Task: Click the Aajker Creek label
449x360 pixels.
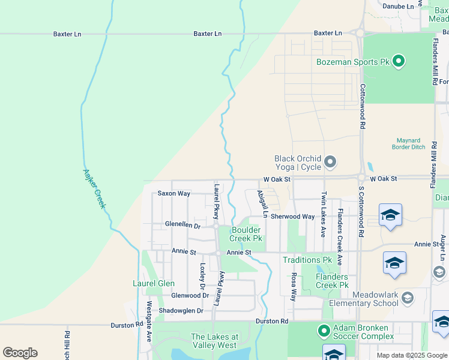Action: pyautogui.click(x=95, y=188)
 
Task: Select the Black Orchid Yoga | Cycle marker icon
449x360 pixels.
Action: pyautogui.click(x=330, y=162)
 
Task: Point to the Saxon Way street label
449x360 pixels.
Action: pyautogui.click(x=173, y=194)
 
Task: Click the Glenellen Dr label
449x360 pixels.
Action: pyautogui.click(x=182, y=224)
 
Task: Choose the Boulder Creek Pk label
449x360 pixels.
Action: pyautogui.click(x=246, y=234)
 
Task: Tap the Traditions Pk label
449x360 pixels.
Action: pyautogui.click(x=307, y=260)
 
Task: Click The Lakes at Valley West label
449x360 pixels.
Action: pyautogui.click(x=215, y=341)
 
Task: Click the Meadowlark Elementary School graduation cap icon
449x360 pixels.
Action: pyautogui.click(x=408, y=298)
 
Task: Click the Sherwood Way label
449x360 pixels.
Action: pyautogui.click(x=292, y=217)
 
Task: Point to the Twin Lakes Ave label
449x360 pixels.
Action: pyautogui.click(x=323, y=214)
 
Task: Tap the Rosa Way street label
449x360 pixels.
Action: pyautogui.click(x=294, y=287)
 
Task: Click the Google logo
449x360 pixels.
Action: pyautogui.click(x=20, y=353)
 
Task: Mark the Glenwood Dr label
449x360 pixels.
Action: pyautogui.click(x=190, y=295)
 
